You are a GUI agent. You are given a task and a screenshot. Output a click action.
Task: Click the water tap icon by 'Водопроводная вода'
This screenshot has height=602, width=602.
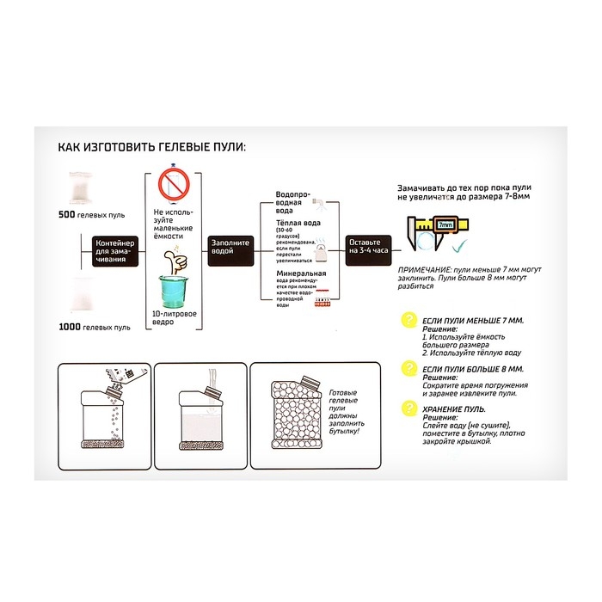coord(320,203)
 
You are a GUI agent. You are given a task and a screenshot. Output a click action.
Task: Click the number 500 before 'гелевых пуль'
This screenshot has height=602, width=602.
coord(68,213)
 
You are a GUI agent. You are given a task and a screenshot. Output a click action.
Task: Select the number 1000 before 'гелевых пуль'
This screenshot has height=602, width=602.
coord(71,328)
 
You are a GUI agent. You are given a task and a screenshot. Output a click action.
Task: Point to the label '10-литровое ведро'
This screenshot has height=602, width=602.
coord(174,318)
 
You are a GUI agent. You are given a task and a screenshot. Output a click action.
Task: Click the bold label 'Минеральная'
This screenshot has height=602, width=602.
coord(297,273)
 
